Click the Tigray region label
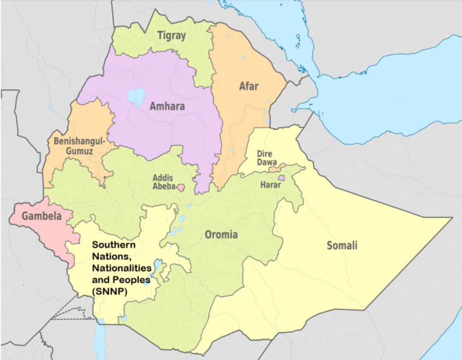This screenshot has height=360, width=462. (171, 36)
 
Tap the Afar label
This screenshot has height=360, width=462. (249, 86)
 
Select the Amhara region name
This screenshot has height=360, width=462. (167, 106)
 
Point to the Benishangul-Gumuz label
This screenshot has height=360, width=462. (79, 146)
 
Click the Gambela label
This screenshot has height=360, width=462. (42, 216)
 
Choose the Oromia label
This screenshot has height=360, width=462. (221, 234)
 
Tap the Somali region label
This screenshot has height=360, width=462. (342, 246)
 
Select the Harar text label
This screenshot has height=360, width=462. (270, 185)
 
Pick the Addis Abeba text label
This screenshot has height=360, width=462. (163, 182)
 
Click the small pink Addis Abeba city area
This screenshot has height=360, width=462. (181, 188)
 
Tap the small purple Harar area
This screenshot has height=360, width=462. (281, 177)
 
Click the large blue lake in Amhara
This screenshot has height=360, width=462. (136, 96)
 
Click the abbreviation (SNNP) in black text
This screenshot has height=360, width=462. (111, 291)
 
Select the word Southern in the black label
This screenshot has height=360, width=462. (114, 245)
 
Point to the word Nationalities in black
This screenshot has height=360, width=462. (122, 268)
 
